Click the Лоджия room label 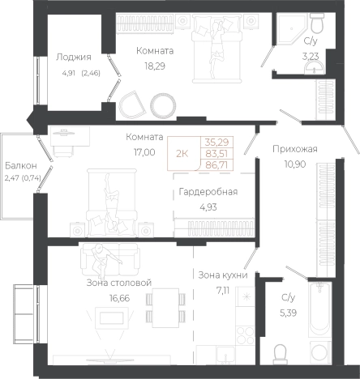click(x=74, y=57)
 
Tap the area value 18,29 click(x=155, y=66)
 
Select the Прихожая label click(x=295, y=149)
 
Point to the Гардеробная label click(x=208, y=192)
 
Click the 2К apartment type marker click(x=182, y=154)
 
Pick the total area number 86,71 click(x=216, y=164)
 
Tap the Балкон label click(x=21, y=165)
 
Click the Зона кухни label click(x=223, y=275)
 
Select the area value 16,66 click(x=119, y=298)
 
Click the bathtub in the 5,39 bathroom click(x=320, y=309)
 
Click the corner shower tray click(x=291, y=28)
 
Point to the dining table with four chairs click(x=165, y=308)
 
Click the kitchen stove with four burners click(x=246, y=335)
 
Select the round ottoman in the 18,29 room click(x=163, y=105)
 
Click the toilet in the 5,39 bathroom click(x=280, y=354)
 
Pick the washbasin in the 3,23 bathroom click(x=314, y=67)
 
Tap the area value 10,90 click(x=295, y=164)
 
